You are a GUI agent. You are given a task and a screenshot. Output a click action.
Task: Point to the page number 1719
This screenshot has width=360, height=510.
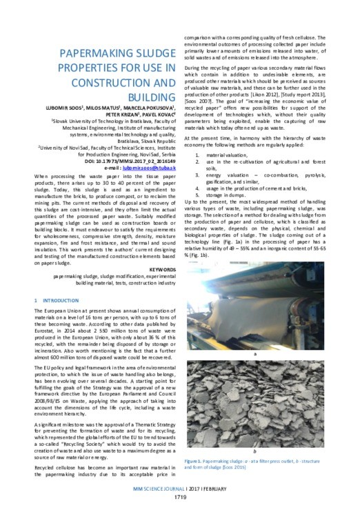pos(179,496)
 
